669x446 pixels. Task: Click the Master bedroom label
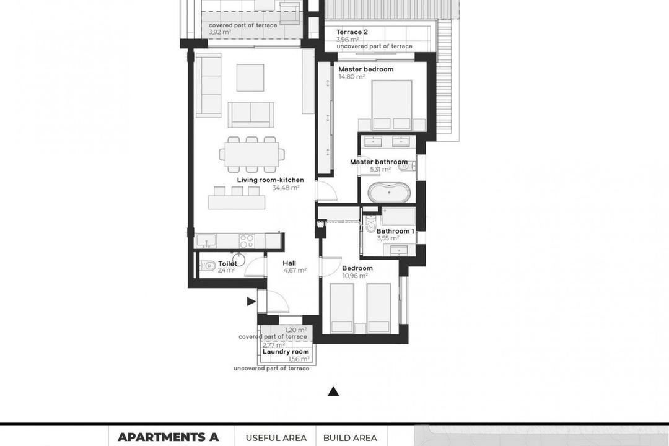pos(365,69)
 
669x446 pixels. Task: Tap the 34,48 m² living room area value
pos(286,188)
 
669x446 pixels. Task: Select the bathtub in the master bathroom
pos(388,193)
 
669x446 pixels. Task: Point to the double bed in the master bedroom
pos(391,105)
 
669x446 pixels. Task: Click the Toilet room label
pos(211,263)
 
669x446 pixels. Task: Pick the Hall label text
pos(289,263)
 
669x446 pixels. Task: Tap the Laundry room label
pos(286,352)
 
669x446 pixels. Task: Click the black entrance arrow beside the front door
pos(251,302)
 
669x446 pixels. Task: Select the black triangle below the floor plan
pos(333,391)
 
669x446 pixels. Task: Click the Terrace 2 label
pos(352,32)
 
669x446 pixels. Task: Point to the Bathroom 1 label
pos(395,231)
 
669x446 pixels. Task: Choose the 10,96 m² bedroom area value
pos(355,276)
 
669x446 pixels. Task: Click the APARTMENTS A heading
pos(168,437)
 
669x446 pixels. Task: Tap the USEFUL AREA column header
pos(276,438)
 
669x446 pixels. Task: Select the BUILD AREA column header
pos(350,438)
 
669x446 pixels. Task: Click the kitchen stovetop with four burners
pos(247,240)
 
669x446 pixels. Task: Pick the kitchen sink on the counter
pos(206,240)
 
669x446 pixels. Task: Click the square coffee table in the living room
pos(250,77)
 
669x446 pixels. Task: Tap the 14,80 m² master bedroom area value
pos(351,77)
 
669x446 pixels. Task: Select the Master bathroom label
pos(378,162)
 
